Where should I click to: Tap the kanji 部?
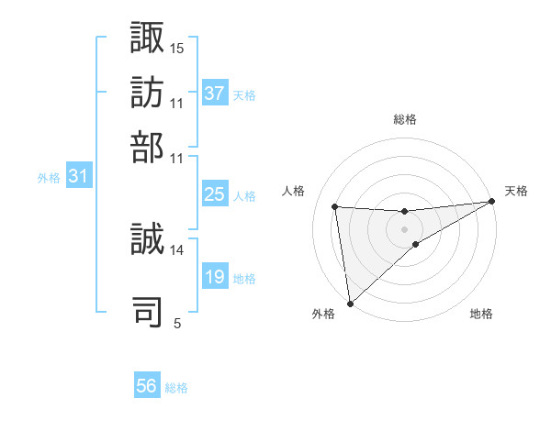[148, 148]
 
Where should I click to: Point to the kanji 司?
[148, 311]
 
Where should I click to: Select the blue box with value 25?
[215, 194]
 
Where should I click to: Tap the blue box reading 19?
[215, 277]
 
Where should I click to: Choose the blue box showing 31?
[78, 176]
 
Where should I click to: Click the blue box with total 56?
[147, 386]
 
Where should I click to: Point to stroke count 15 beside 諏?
[177, 47]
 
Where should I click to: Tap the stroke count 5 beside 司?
[177, 323]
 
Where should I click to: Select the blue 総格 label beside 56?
[177, 388]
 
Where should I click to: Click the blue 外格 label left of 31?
[49, 178]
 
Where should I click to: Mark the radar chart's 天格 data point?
[491, 202]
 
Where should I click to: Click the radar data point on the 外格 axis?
[350, 303]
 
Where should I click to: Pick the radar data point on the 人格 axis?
[335, 206]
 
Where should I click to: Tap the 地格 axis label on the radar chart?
[481, 315]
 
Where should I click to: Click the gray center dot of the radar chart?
[404, 228]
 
